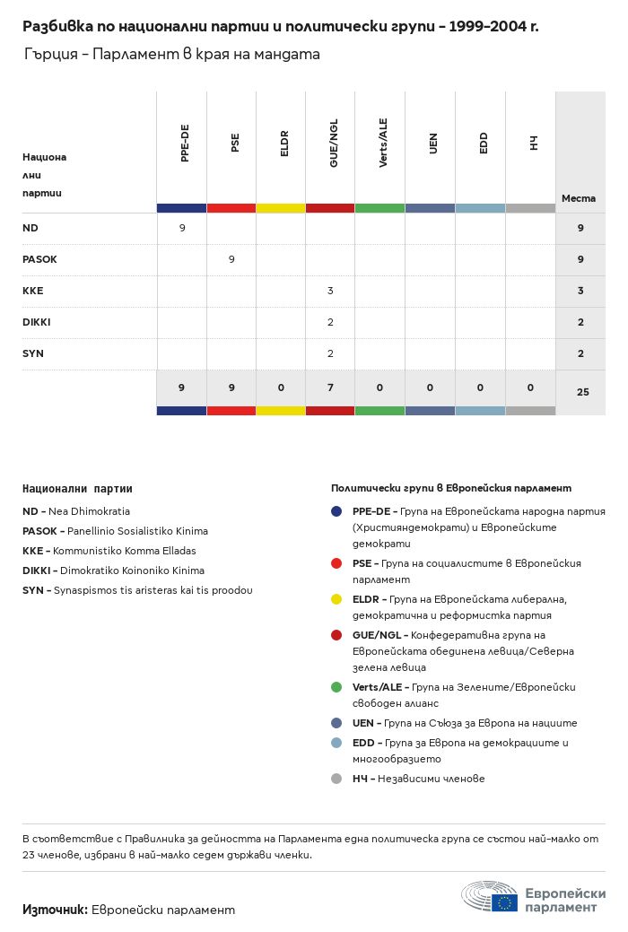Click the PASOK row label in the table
click(x=39, y=259)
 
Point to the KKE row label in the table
click(x=32, y=291)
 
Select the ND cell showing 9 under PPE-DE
click(x=182, y=228)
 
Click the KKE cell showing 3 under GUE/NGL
click(x=330, y=291)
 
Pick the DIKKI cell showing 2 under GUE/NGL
click(x=330, y=322)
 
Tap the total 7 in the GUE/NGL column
click(x=330, y=388)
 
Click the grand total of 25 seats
click(x=582, y=391)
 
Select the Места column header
click(x=579, y=198)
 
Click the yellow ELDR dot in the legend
click(x=336, y=598)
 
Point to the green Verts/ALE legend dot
click(x=336, y=687)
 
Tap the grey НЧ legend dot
click(x=336, y=779)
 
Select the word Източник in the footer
click(x=54, y=910)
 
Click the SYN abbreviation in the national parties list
click(x=33, y=590)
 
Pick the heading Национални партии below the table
click(x=77, y=489)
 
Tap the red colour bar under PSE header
click(x=231, y=208)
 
